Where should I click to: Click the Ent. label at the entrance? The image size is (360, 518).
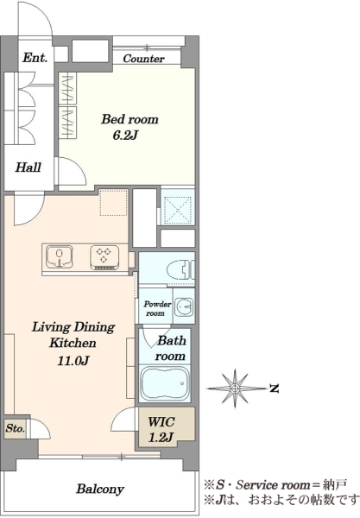[35, 58]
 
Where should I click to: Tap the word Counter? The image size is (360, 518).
[143, 59]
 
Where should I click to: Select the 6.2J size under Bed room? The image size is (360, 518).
[125, 136]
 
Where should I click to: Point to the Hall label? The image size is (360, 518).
[28, 167]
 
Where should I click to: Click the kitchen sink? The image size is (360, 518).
[60, 256]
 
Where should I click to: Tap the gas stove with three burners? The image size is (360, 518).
[104, 257]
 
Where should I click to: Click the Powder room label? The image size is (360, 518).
[157, 308]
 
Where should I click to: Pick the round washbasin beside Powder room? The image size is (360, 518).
[183, 306]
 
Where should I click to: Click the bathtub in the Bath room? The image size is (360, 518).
[165, 383]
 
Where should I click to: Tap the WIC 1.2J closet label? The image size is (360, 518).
[161, 429]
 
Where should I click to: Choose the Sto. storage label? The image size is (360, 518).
[16, 428]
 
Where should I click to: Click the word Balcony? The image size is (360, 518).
[100, 489]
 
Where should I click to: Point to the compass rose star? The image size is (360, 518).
[235, 388]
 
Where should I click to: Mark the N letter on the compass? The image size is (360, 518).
[274, 388]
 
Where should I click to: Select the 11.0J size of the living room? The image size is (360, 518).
[73, 360]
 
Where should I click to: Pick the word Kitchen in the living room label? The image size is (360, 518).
[73, 343]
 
